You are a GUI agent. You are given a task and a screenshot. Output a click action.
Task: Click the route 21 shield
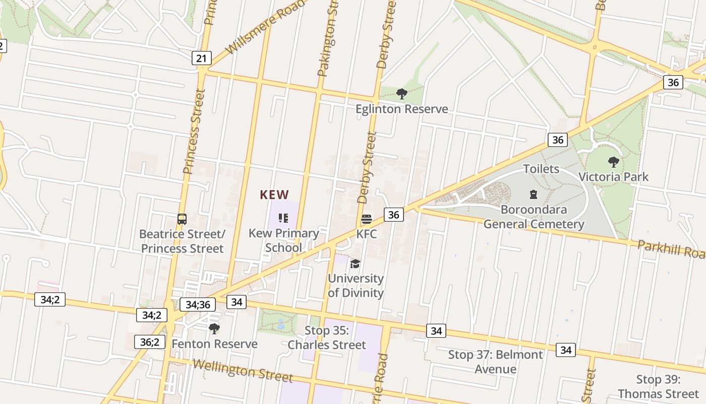pyautogui.click(x=201, y=58)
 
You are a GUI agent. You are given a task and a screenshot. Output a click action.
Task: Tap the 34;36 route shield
pyautogui.click(x=198, y=305)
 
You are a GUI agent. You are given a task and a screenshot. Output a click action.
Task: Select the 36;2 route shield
pyautogui.click(x=149, y=342)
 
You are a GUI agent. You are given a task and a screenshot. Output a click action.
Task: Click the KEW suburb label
pyautogui.click(x=274, y=195)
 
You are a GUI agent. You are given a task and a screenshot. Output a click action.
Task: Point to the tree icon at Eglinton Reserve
pyautogui.click(x=402, y=93)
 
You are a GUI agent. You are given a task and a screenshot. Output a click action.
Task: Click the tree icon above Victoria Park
pyautogui.click(x=613, y=162)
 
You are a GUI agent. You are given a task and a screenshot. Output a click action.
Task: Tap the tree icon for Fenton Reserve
pyautogui.click(x=214, y=329)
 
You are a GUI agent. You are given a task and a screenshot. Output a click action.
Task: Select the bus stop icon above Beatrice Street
pyautogui.click(x=182, y=219)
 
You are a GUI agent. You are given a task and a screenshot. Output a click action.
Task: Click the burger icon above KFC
pyautogui.click(x=367, y=219)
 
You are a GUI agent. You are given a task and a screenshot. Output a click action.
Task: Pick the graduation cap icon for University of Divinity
pyautogui.click(x=356, y=264)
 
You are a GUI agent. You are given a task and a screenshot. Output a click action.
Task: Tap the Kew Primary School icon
pyautogui.click(x=283, y=218)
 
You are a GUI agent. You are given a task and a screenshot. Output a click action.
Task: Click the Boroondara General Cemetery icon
pyautogui.click(x=533, y=194)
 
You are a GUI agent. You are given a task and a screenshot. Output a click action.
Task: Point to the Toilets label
pyautogui.click(x=541, y=169)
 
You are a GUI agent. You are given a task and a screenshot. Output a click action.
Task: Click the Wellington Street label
pyautogui.click(x=243, y=371)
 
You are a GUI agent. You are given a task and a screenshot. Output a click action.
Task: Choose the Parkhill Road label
pyautogui.click(x=671, y=249)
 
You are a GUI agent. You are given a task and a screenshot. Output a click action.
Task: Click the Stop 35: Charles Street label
pyautogui.click(x=327, y=337)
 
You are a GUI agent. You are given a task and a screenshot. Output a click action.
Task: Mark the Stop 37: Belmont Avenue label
pyautogui.click(x=496, y=362)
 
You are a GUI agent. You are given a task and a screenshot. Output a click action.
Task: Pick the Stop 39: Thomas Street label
pyautogui.click(x=659, y=386)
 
